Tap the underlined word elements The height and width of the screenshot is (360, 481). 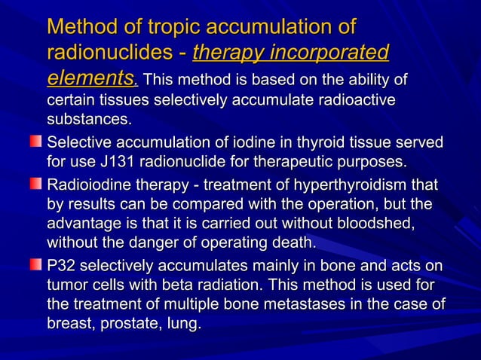pos(90,78)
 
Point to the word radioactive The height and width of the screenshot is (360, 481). pos(355,100)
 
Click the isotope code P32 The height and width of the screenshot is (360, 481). pos(61,267)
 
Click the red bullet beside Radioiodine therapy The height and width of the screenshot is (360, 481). pos(36,185)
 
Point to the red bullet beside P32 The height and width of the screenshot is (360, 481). pos(36,267)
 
